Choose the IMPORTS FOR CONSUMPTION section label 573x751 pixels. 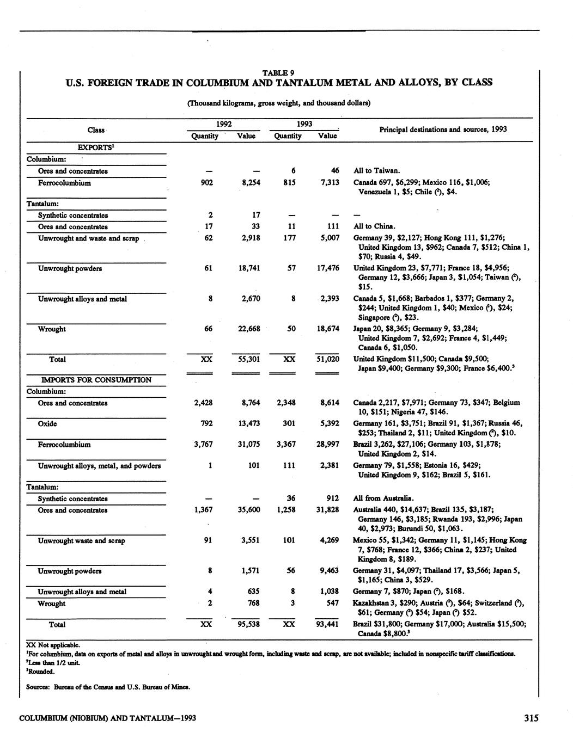click(96, 380)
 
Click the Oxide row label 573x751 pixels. click(47, 423)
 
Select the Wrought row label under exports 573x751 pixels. click(52, 329)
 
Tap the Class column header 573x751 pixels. click(96, 130)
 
